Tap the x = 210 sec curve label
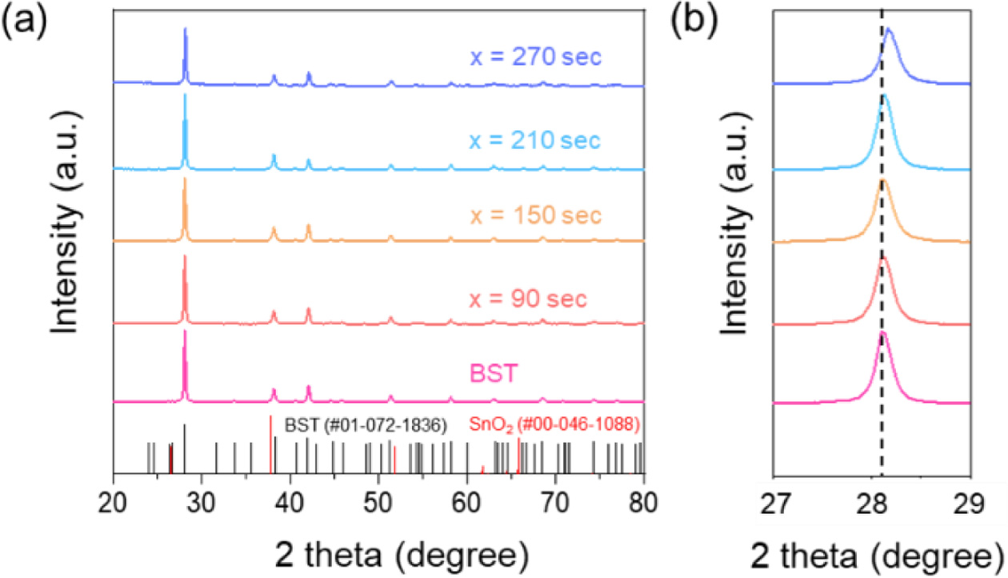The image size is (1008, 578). pyautogui.click(x=534, y=141)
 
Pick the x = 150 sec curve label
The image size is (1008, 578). pyautogui.click(x=535, y=216)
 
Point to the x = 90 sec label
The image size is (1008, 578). pyautogui.click(x=527, y=300)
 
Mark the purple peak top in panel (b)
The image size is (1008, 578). pyautogui.click(x=888, y=30)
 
